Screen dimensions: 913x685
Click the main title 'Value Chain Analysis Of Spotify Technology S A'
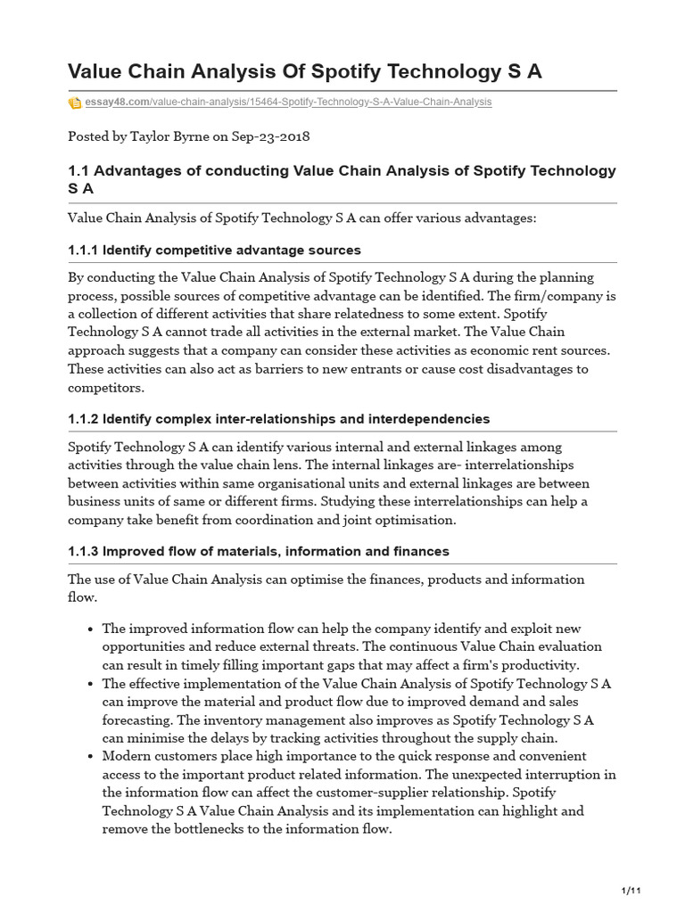305,71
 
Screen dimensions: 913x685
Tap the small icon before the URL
75,103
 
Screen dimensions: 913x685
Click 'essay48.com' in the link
117,103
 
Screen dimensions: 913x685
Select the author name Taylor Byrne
169,136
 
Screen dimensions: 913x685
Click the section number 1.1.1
83,250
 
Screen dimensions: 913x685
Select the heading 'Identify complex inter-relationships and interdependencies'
296,419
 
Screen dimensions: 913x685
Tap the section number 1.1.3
83,551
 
